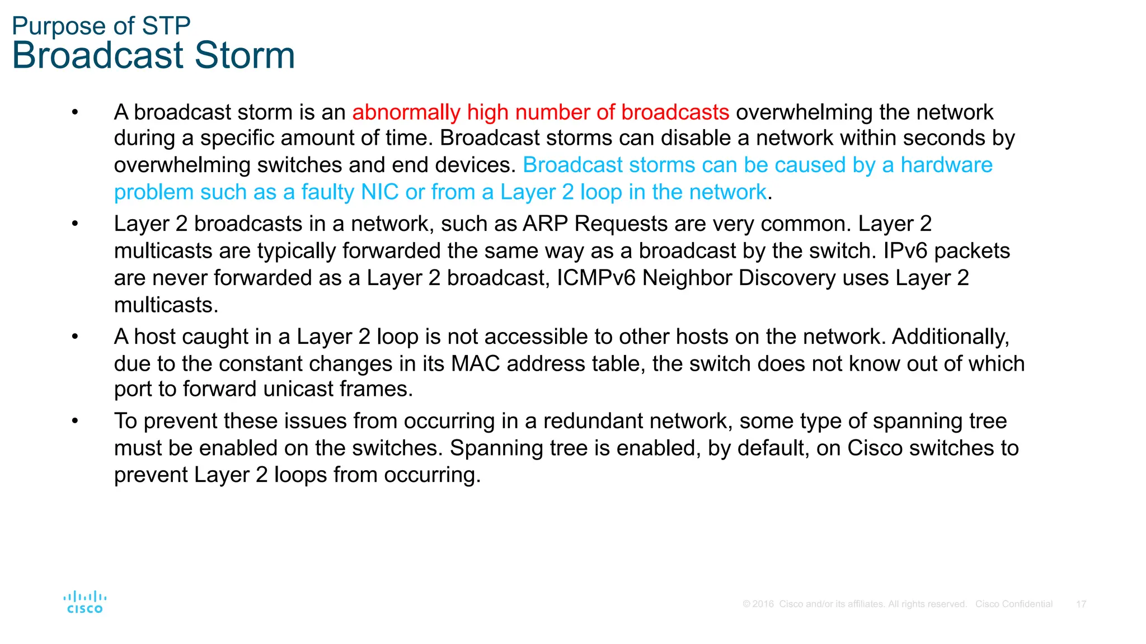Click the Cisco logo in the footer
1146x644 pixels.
coord(85,602)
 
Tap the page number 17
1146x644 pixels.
coord(1081,604)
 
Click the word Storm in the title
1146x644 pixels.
coord(245,55)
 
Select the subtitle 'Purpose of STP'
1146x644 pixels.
coord(101,26)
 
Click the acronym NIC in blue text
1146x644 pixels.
coord(379,192)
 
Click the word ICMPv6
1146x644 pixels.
coord(596,278)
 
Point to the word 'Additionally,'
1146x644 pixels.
coord(950,337)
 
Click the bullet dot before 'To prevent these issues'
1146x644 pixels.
coord(75,421)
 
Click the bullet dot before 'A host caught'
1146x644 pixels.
coord(75,337)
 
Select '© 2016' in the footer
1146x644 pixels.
coord(758,604)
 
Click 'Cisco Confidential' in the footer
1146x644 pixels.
coord(1013,604)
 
